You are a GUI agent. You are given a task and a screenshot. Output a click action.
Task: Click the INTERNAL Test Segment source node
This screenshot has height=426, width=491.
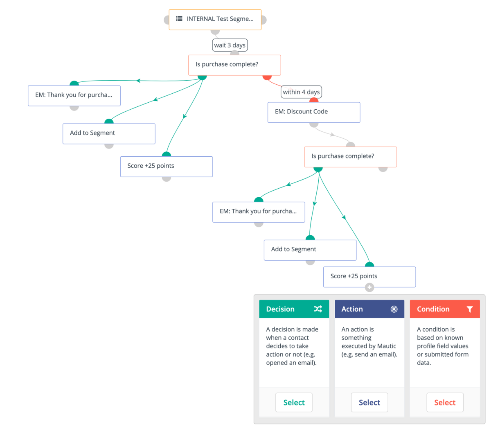click(x=215, y=20)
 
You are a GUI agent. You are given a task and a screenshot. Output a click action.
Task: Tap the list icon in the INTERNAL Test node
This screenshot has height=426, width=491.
click(x=179, y=18)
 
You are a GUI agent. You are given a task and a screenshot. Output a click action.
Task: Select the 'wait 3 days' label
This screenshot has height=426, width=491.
click(x=230, y=45)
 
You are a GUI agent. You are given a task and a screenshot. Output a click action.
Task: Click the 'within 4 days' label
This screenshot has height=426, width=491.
click(x=301, y=92)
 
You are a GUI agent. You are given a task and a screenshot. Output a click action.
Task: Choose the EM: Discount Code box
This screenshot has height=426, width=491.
click(x=314, y=112)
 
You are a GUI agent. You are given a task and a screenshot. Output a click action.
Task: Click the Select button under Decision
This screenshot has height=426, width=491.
click(x=294, y=402)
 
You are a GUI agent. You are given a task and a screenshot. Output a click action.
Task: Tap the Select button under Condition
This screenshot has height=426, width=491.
click(x=445, y=402)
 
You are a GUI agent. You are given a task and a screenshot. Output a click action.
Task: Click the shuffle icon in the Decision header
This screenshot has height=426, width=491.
click(x=318, y=309)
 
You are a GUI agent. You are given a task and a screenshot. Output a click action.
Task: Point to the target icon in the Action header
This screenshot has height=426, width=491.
click(x=394, y=309)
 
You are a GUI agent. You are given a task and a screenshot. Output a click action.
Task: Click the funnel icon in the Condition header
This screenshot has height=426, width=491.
click(x=469, y=309)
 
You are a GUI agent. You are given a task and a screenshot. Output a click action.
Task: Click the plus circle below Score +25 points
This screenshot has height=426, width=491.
click(x=369, y=287)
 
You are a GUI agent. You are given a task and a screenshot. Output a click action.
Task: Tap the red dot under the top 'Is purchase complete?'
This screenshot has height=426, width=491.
click(x=267, y=77)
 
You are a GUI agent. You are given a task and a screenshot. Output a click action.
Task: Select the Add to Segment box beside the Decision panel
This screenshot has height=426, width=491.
click(x=310, y=250)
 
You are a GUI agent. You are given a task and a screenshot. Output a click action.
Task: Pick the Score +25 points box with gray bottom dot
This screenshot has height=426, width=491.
click(x=166, y=167)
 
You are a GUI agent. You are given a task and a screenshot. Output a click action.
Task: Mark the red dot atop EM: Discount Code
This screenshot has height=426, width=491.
click(x=314, y=100)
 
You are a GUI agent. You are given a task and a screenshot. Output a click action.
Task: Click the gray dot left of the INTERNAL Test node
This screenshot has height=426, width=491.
click(x=167, y=20)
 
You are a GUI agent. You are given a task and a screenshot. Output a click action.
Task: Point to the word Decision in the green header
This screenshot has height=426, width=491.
click(x=280, y=309)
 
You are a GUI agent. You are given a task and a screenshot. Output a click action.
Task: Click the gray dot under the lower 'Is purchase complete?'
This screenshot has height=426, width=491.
click(x=383, y=169)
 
